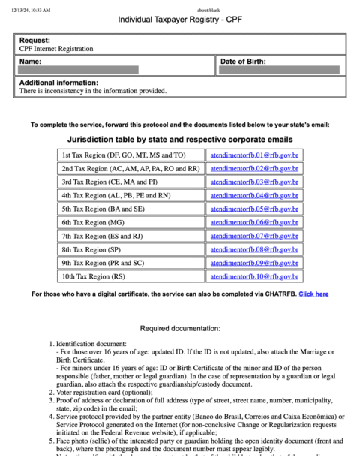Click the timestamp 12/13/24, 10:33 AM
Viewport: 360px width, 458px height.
(31, 9)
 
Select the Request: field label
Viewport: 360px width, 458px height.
(35, 40)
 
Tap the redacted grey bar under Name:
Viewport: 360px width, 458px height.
(79, 70)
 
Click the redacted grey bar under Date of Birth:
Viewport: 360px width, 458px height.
(280, 70)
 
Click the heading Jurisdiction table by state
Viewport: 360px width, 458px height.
(180, 140)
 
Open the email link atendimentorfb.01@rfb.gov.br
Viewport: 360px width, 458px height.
(254, 155)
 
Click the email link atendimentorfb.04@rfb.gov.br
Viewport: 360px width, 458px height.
(254, 195)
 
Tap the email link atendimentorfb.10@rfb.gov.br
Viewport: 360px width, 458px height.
(254, 276)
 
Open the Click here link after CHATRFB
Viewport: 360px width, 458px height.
(313, 294)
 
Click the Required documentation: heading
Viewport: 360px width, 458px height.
(180, 328)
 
